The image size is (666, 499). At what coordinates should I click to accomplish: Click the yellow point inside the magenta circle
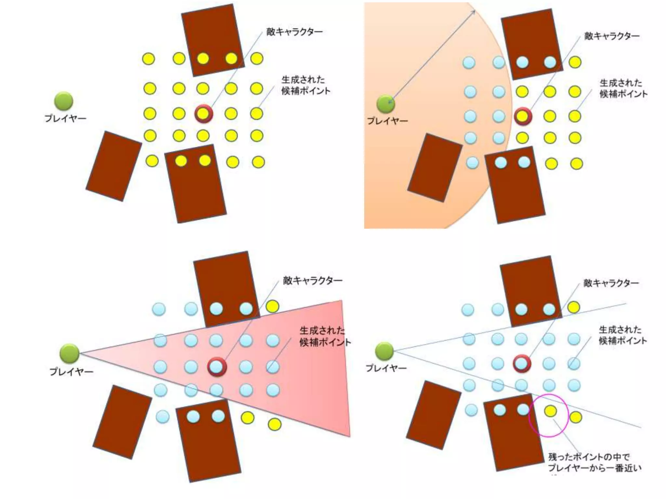pyautogui.click(x=550, y=411)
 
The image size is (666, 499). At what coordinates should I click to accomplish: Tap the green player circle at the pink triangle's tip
pyautogui.click(x=69, y=353)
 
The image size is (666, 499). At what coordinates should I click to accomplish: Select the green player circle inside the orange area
pyautogui.click(x=386, y=104)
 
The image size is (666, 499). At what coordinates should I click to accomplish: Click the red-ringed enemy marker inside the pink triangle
pyautogui.click(x=217, y=367)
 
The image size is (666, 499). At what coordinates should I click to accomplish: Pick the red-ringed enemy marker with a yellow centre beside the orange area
pyautogui.click(x=523, y=116)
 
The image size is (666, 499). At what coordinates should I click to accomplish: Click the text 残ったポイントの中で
pyautogui.click(x=589, y=457)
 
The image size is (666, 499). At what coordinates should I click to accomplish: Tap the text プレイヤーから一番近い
pyautogui.click(x=594, y=468)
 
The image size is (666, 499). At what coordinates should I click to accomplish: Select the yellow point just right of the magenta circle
pyautogui.click(x=576, y=417)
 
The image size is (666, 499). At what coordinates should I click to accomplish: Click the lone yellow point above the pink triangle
pyautogui.click(x=273, y=306)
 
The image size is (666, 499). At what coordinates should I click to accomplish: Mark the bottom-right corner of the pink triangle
pyautogui.click(x=350, y=436)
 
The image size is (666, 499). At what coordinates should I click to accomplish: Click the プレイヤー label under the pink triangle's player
pyautogui.click(x=71, y=371)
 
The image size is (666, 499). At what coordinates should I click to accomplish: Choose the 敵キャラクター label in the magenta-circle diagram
pyautogui.click(x=611, y=283)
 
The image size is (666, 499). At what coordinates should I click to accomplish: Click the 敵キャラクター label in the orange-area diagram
pyautogui.click(x=612, y=36)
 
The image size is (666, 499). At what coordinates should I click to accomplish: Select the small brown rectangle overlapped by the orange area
pyautogui.click(x=435, y=168)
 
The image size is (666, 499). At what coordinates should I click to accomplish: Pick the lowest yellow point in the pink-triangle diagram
pyautogui.click(x=274, y=424)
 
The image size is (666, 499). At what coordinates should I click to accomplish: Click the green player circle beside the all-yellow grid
pyautogui.click(x=63, y=101)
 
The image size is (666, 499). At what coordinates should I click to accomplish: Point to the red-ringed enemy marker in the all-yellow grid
pyautogui.click(x=204, y=114)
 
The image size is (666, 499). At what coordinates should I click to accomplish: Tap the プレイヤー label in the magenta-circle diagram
pyautogui.click(x=386, y=368)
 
